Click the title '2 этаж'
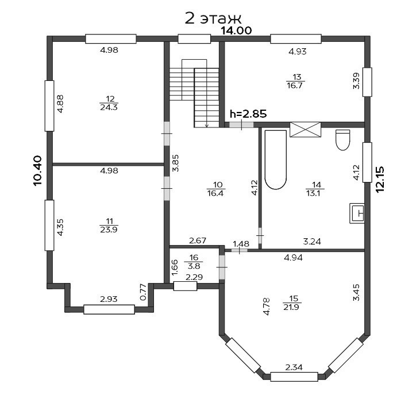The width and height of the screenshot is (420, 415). coord(213,18)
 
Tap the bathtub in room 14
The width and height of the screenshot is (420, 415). coord(276,160)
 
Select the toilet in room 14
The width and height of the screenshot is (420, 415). coord(343,139)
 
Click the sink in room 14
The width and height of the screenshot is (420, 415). coord(357,214)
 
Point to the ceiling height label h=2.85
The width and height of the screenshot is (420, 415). coord(248,114)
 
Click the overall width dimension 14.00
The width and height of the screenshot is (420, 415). coord(236,30)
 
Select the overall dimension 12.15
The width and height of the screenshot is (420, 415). coord(380,179)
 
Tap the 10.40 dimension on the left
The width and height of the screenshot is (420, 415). coord(37,170)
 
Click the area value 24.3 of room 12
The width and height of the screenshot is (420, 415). coord(109,107)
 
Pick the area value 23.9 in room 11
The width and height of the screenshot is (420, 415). coord(109,229)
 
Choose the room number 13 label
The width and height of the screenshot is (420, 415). coord(297,77)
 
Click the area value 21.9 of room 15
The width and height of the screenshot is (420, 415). coord(291,307)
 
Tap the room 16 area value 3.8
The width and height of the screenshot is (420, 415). coord(194,266)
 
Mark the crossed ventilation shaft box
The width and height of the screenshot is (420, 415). coord(305,130)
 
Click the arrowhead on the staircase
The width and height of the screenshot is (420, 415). coord(206,125)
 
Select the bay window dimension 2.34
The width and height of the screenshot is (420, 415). coord(294,367)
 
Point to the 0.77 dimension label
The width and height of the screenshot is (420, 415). coord(143,292)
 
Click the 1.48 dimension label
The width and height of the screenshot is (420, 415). coord(241,244)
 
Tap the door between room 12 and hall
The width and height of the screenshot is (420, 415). coord(167,134)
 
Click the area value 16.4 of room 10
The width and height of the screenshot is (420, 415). coord(215,193)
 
